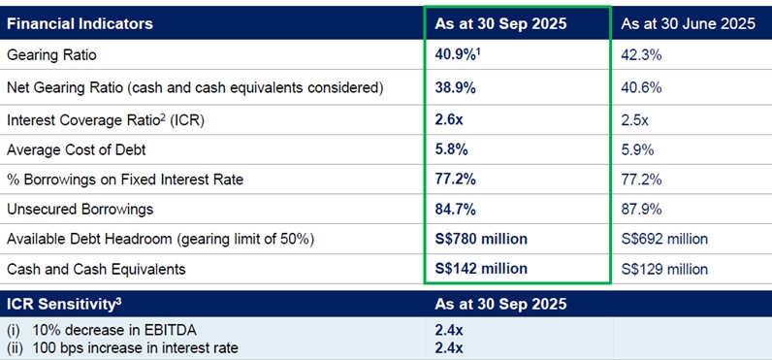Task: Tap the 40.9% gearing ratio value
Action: click(x=459, y=55)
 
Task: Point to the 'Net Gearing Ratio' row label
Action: click(x=195, y=87)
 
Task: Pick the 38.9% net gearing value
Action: click(x=456, y=87)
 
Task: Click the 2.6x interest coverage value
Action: click(x=450, y=119)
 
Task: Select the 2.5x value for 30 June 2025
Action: click(x=635, y=119)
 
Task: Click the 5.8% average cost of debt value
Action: click(x=452, y=150)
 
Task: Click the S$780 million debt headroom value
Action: click(x=482, y=239)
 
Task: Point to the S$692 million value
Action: click(x=664, y=239)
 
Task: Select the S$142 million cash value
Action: click(x=482, y=268)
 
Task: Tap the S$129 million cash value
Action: click(x=664, y=268)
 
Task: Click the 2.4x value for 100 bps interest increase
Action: click(x=449, y=347)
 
